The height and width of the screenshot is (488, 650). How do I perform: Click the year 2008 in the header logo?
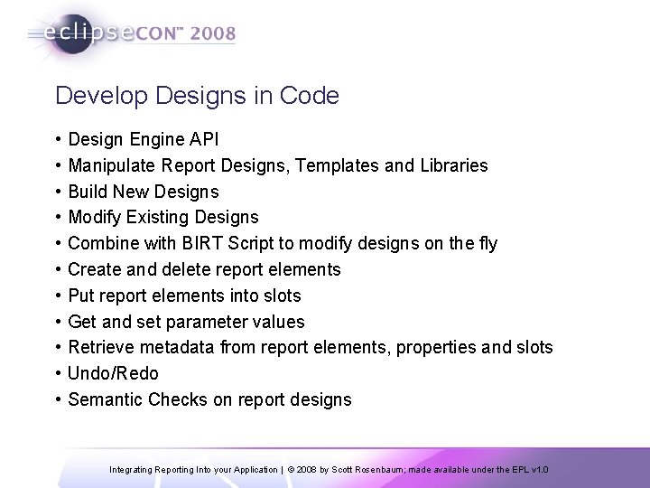(x=213, y=34)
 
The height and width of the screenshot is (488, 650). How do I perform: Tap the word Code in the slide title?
(x=312, y=96)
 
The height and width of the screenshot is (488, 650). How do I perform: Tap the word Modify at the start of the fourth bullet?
(x=96, y=218)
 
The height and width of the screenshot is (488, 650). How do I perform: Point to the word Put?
(x=82, y=296)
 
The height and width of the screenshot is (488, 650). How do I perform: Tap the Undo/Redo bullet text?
(x=113, y=373)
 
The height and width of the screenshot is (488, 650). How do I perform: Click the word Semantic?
(x=103, y=399)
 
